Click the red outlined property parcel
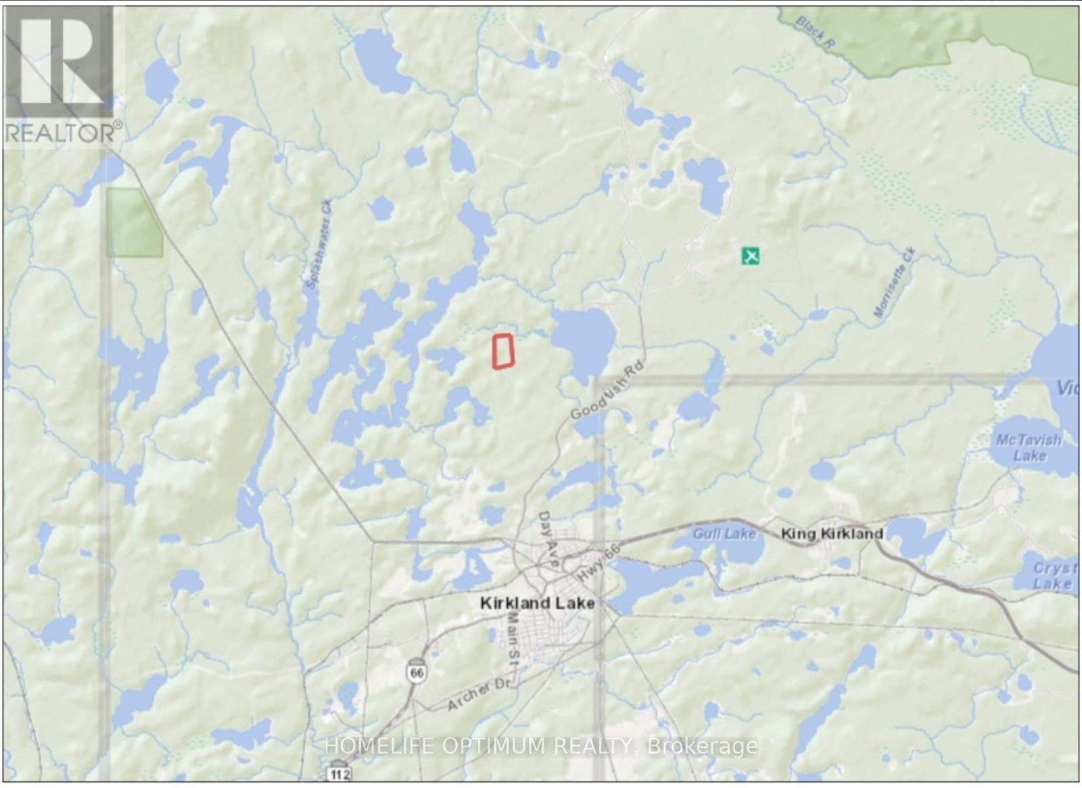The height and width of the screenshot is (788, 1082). point(502,352)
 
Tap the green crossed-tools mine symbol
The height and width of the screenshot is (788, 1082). point(750,256)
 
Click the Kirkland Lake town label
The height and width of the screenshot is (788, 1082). point(537,603)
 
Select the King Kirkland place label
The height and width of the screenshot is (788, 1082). point(832,534)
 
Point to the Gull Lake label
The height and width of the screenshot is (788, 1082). point(724,534)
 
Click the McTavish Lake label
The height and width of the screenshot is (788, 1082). point(1029,447)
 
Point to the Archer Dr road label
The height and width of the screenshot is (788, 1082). point(479,695)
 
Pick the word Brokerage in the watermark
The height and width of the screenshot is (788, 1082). point(703,746)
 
